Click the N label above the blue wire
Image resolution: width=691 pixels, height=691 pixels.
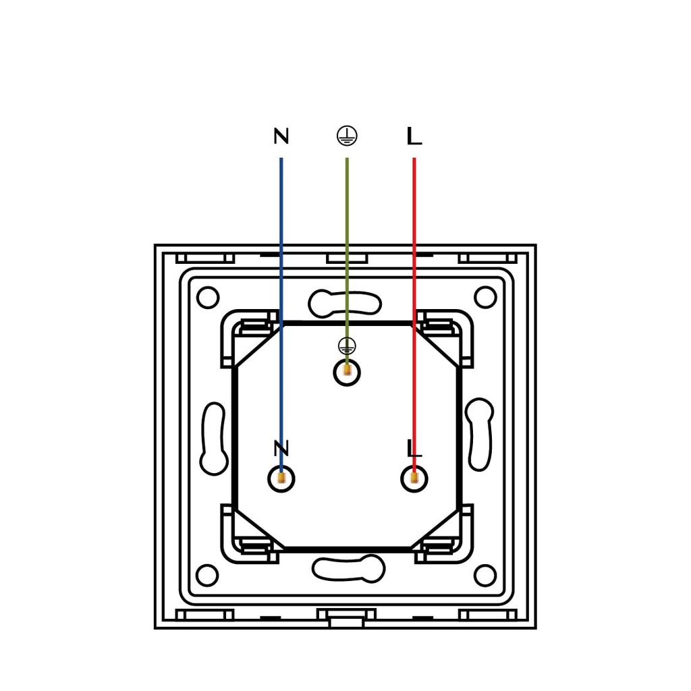(281, 136)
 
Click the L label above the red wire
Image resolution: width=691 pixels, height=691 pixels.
(414, 136)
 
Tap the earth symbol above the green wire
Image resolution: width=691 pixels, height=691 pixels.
(347, 136)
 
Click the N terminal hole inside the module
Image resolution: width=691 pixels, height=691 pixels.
(281, 478)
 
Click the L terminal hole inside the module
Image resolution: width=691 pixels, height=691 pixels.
(414, 478)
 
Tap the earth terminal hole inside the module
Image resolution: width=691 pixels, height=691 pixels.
(348, 372)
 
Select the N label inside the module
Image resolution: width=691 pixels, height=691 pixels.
(281, 448)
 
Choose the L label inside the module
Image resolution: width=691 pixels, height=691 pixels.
(414, 448)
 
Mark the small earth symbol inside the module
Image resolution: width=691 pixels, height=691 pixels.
(347, 346)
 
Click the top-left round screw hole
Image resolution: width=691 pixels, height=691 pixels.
(208, 298)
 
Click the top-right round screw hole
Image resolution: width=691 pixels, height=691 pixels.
(485, 298)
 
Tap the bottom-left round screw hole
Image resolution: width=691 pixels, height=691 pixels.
(207, 576)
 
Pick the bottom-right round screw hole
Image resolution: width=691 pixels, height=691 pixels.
(485, 576)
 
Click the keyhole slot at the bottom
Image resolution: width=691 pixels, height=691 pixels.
(348, 568)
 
